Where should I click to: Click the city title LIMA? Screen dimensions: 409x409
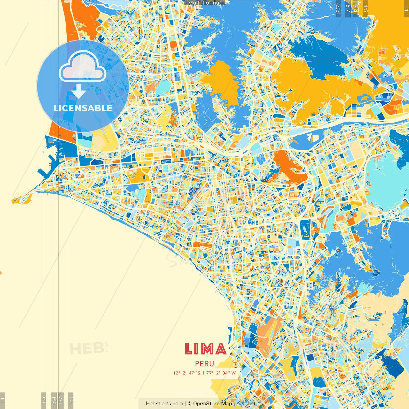click(205, 349)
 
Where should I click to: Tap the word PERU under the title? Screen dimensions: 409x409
click(204, 364)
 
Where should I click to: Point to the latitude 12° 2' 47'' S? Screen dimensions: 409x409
click(187, 373)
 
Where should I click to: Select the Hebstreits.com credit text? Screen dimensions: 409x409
click(164, 404)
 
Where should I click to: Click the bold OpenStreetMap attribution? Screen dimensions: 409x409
click(212, 404)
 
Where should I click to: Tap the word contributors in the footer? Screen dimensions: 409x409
click(248, 404)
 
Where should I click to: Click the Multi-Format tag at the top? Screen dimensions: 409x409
click(204, 3)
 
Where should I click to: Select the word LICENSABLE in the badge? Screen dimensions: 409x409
click(83, 108)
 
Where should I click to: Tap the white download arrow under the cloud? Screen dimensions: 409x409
click(79, 92)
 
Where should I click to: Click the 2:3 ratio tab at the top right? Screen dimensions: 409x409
click(338, 8)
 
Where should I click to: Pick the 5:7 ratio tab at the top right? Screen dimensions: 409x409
click(348, 8)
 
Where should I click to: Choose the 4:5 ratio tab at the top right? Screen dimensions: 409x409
click(366, 8)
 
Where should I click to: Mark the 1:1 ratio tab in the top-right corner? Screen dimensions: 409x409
click(406, 8)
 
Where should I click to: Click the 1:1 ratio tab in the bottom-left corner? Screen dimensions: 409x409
click(3, 400)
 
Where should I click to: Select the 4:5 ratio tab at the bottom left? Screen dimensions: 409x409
click(44, 400)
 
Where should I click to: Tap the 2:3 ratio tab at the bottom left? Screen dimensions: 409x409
click(71, 400)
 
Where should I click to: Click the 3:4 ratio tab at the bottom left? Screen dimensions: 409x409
click(54, 400)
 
